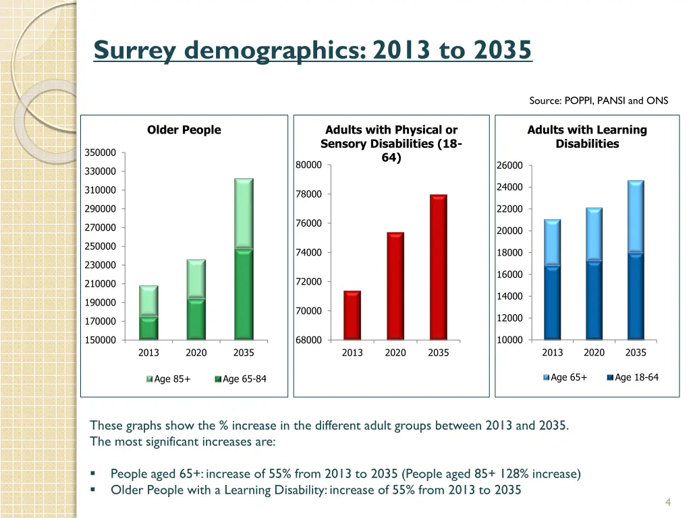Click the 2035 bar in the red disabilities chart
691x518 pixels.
[438, 266]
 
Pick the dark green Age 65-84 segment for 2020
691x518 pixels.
[196, 318]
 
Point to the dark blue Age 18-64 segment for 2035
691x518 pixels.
[636, 296]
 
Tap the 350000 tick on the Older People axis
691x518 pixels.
[100, 152]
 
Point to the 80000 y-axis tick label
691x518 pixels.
[308, 165]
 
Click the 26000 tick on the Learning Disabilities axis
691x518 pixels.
[509, 165]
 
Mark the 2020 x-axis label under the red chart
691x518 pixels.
[395, 353]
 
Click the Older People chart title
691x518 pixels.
[184, 130]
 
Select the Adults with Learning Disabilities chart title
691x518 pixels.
[587, 136]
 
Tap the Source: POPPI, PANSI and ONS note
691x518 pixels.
[599, 101]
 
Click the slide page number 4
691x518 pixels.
[667, 501]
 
